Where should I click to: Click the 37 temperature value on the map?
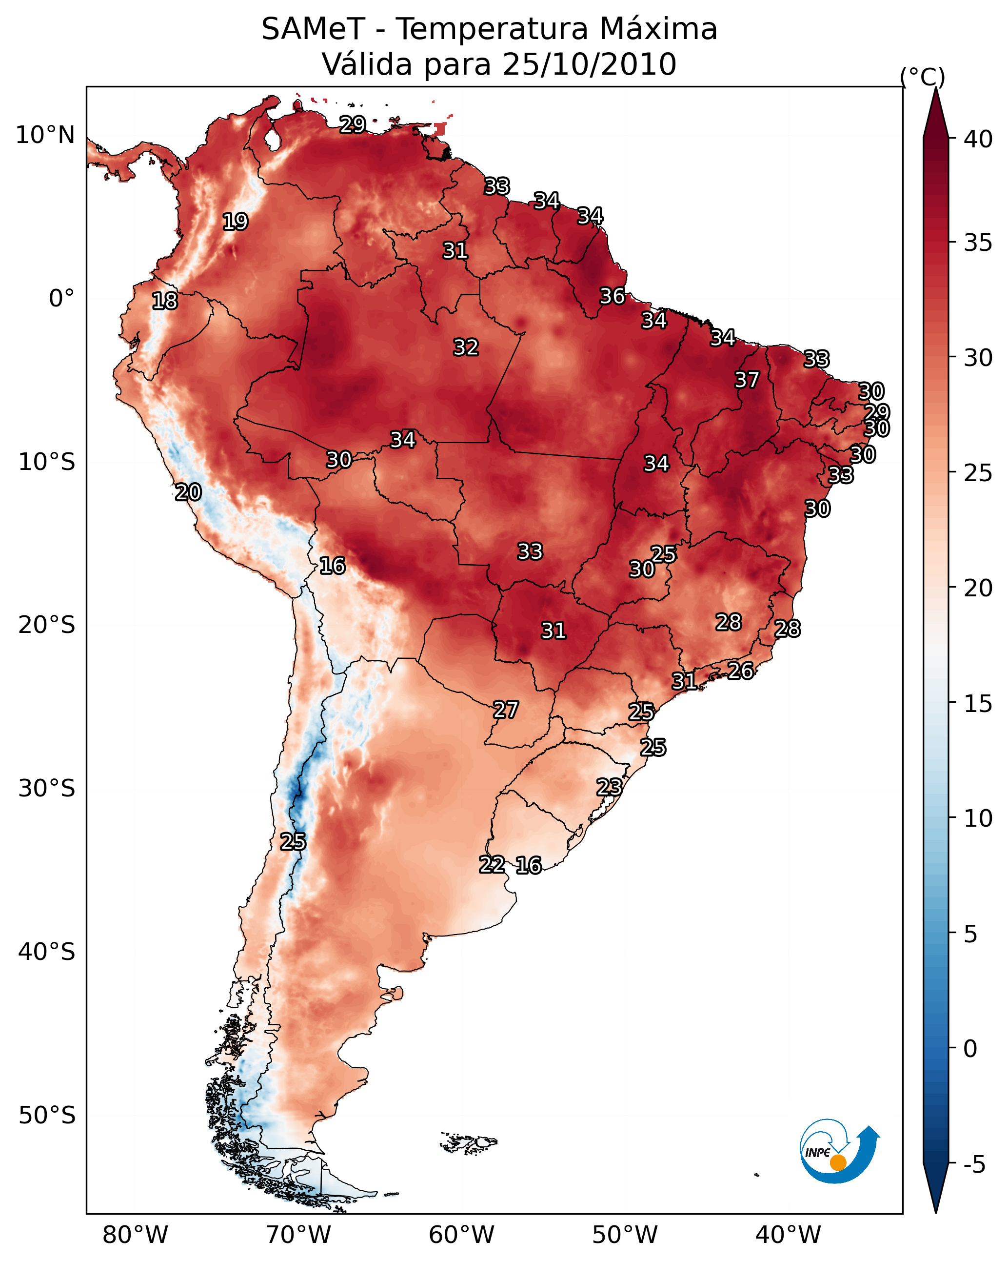coord(747,380)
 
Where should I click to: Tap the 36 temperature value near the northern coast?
coord(613,296)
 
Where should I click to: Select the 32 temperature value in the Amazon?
coord(466,347)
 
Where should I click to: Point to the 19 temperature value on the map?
coord(236,222)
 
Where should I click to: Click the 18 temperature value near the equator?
coord(165,301)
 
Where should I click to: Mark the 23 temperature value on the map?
coord(610,787)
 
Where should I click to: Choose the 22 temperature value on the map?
coord(493,865)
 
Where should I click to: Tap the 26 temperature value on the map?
coord(741,671)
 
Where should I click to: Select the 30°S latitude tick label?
coord(47,789)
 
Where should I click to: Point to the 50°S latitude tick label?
coord(47,1115)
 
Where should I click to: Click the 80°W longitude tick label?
coord(135,1235)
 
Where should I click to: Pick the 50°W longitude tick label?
coord(625,1235)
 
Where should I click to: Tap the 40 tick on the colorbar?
coord(978,139)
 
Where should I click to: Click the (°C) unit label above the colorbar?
coord(923,77)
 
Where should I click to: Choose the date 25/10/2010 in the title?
coord(589,64)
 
